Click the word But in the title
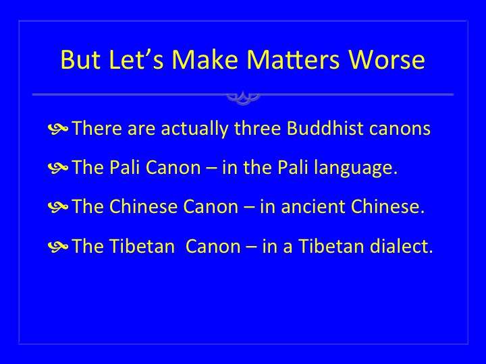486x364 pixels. [80, 59]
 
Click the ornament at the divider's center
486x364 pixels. [243, 98]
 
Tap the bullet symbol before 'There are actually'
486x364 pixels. [58, 129]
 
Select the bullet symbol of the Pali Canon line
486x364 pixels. [58, 168]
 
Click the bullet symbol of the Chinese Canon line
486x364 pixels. [58, 207]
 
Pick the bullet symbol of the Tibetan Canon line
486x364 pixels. [58, 247]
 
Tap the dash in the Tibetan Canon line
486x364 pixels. [251, 247]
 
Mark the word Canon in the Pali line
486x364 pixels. [173, 167]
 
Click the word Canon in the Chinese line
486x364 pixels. [211, 206]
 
